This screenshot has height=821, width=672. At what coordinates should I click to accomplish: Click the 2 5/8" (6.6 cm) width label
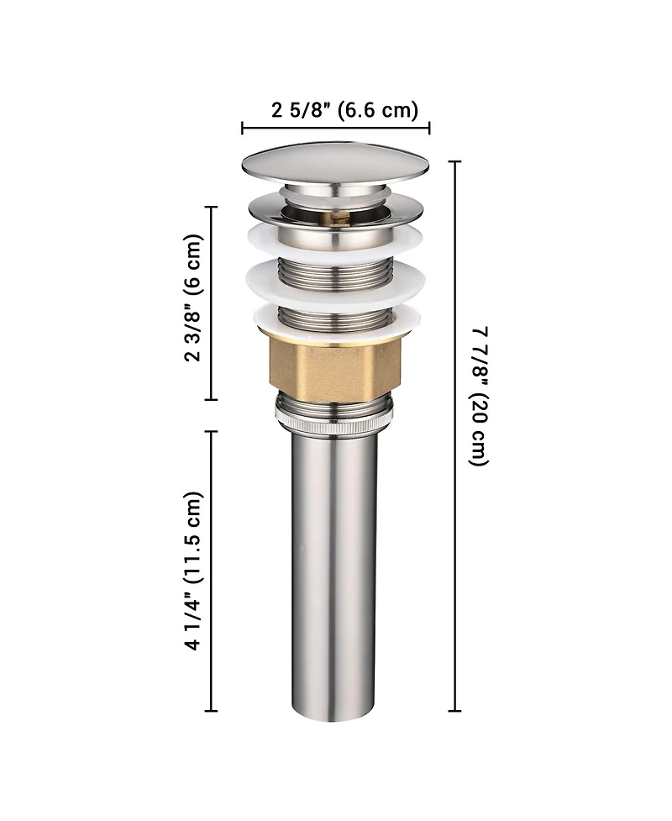[345, 110]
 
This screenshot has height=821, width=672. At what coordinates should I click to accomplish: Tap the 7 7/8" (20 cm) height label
[480, 396]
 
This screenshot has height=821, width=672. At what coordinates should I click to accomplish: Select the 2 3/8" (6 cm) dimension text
[192, 297]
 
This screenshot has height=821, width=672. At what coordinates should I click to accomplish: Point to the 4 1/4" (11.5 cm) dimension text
[192, 571]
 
